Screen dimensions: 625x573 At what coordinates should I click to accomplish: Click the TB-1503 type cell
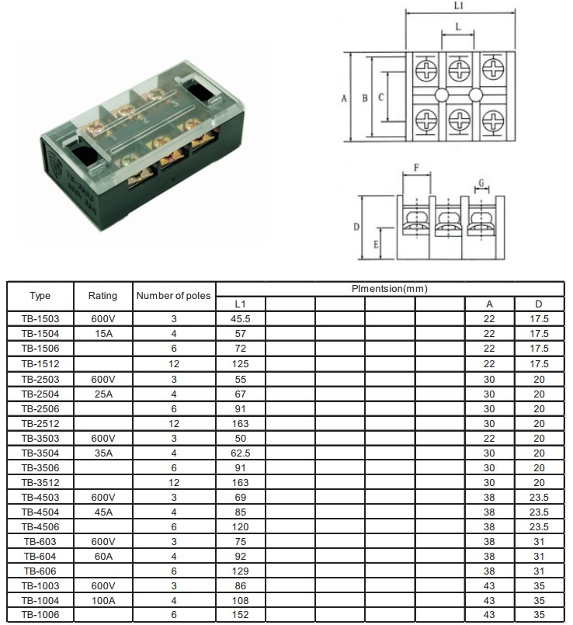pyautogui.click(x=40, y=318)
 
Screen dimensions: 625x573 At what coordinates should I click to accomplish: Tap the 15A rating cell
pyautogui.click(x=102, y=333)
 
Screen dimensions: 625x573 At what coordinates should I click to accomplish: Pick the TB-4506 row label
pyautogui.click(x=40, y=526)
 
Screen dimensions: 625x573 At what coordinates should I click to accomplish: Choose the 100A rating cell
pyautogui.click(x=102, y=600)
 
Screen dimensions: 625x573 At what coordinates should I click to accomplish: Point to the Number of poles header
pyautogui.click(x=173, y=296)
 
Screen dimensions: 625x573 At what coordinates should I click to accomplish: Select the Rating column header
pyautogui.click(x=102, y=296)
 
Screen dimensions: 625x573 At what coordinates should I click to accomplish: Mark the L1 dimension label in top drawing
pyautogui.click(x=459, y=6)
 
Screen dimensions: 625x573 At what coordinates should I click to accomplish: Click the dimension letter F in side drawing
pyautogui.click(x=416, y=168)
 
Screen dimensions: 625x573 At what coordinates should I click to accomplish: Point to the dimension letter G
pyautogui.click(x=481, y=183)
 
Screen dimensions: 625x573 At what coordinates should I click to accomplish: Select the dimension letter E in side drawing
pyautogui.click(x=377, y=244)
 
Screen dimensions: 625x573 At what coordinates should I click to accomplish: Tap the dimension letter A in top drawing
pyautogui.click(x=343, y=99)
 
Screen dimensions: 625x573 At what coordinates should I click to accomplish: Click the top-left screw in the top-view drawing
pyautogui.click(x=426, y=71)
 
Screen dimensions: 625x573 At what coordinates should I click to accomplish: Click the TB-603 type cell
pyautogui.click(x=40, y=540)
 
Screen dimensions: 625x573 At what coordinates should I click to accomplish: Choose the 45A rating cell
pyautogui.click(x=102, y=511)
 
